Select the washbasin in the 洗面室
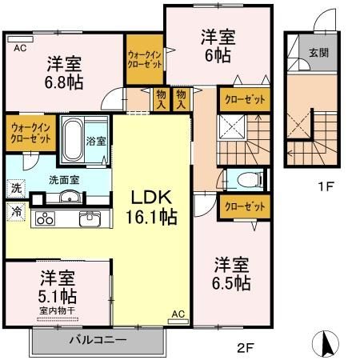[x=70, y=198]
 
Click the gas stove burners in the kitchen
[x=45, y=218]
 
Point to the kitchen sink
[x=90, y=218]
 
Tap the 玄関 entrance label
[x=318, y=53]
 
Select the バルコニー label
[x=98, y=340]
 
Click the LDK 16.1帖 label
[x=151, y=207]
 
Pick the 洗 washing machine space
[x=16, y=188]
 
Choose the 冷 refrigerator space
[x=16, y=212]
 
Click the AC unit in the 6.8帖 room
[x=21, y=39]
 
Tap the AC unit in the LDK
[x=178, y=322]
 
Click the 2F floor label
[x=246, y=348]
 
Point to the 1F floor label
[x=326, y=186]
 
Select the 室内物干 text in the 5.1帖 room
[x=57, y=310]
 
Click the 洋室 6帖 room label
[x=218, y=46]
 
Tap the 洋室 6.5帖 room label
[x=231, y=274]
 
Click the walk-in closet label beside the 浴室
[x=30, y=133]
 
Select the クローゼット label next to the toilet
[x=245, y=206]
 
